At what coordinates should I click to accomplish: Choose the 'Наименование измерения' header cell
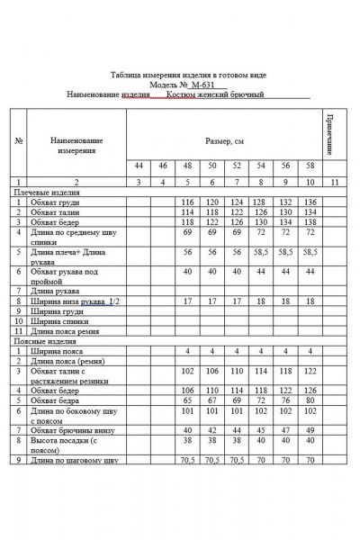click(76, 145)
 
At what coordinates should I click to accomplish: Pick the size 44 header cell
click(139, 166)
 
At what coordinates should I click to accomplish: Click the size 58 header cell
click(310, 166)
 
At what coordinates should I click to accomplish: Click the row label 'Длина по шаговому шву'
click(74, 461)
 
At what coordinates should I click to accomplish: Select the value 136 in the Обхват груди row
click(310, 202)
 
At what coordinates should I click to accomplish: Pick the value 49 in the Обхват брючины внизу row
click(310, 430)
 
